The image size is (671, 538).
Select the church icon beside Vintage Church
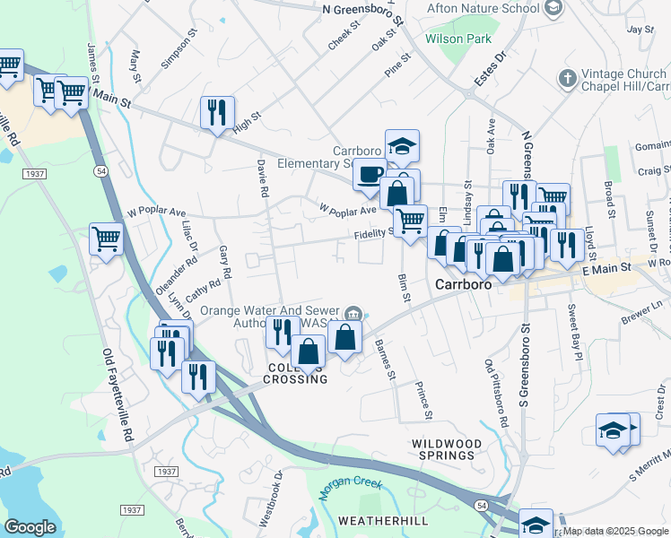pos(566,79)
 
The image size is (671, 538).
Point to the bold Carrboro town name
pos(466,283)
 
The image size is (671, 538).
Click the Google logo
pos(30,526)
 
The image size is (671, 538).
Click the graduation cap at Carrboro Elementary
pos(403,145)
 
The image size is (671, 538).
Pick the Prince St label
pos(423,401)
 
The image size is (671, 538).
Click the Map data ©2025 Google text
pos(616,531)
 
